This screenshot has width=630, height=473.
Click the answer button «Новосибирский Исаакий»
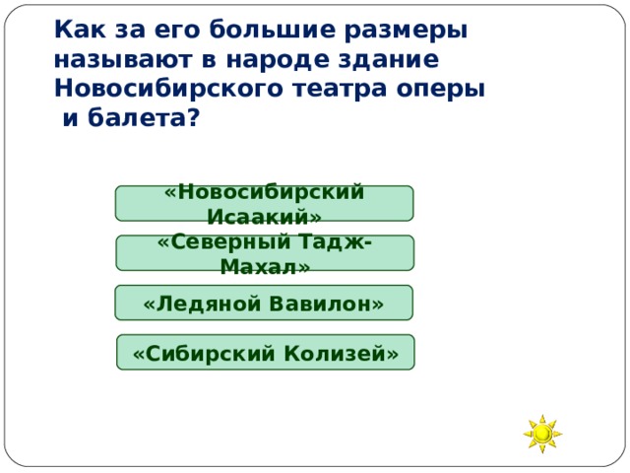click(264, 203)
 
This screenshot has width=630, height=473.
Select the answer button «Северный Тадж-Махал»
click(264, 252)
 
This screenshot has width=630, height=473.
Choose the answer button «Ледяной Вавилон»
click(263, 303)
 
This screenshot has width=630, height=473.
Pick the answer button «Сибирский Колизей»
click(265, 352)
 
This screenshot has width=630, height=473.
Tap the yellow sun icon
click(542, 434)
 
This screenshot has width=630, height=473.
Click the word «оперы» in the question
click(445, 90)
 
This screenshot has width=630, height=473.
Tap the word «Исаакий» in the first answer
click(264, 216)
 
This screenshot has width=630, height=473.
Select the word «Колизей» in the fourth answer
click(339, 353)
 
